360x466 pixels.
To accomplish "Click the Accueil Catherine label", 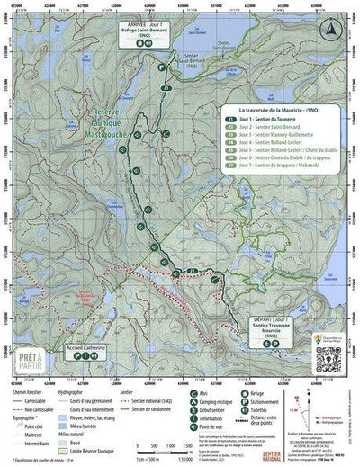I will [87, 344].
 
